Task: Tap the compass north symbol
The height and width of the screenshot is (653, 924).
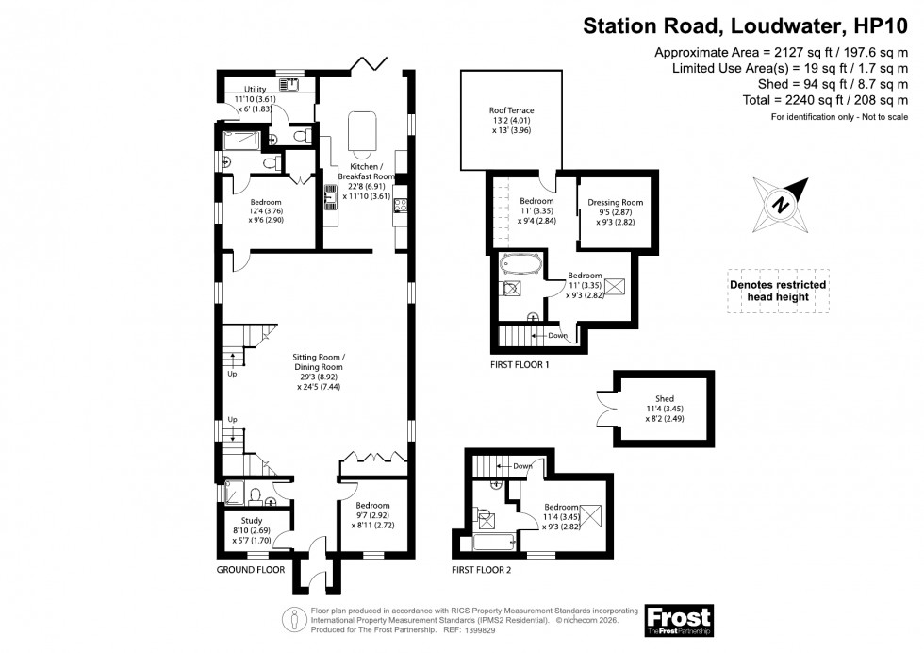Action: tap(781, 202)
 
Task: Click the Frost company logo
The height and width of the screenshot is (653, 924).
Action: tap(678, 619)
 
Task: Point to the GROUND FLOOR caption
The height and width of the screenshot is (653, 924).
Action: tap(251, 571)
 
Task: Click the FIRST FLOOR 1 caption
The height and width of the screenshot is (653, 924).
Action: tap(520, 363)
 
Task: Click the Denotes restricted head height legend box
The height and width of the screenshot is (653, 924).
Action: tap(778, 291)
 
